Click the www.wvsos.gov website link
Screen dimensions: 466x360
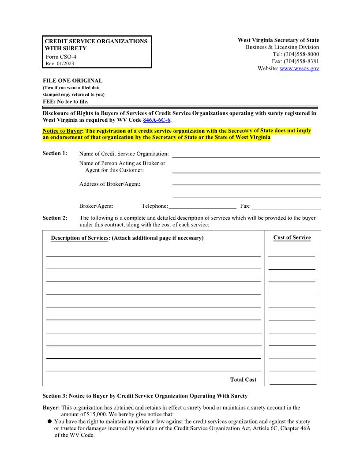coord(299,68)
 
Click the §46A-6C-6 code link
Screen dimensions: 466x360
coord(157,120)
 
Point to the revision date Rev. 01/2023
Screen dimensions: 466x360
coord(60,64)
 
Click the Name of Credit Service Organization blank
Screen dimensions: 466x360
coord(246,154)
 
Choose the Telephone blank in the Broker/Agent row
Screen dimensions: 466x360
coord(202,206)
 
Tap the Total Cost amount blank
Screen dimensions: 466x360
coord(292,380)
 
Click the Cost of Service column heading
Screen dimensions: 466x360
coord(292,237)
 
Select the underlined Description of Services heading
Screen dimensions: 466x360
coord(79,238)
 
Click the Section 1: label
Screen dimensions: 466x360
coord(55,153)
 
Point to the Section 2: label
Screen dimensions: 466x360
coord(55,218)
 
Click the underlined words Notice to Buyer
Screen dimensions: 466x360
coord(62,131)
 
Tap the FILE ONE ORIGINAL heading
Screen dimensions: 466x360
coord(72,81)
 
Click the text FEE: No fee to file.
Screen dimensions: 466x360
coord(65,101)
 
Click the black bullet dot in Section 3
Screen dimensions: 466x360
coord(50,421)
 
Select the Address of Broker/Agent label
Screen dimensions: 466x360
coord(110,184)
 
